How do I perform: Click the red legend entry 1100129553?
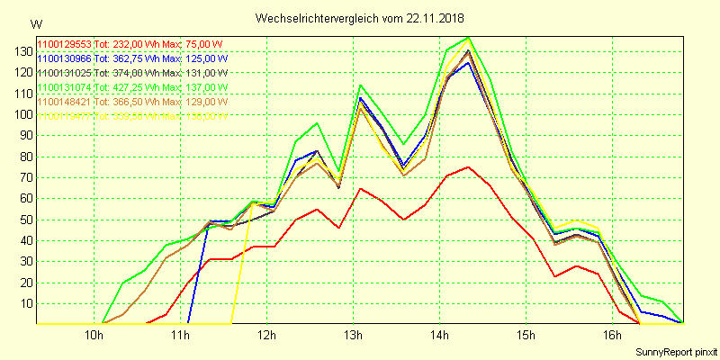coord(65,43)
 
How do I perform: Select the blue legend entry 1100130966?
coord(65,58)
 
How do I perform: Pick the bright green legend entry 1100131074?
coord(65,87)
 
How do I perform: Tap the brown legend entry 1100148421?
coord(65,102)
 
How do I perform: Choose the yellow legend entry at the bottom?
coord(65,116)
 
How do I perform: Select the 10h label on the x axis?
coord(94,336)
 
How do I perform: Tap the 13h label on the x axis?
coord(354,336)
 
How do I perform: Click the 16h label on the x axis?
coord(613,336)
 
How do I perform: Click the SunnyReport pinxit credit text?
coord(676,352)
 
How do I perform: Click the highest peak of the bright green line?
coord(468,38)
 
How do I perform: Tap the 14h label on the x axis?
coord(440,336)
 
